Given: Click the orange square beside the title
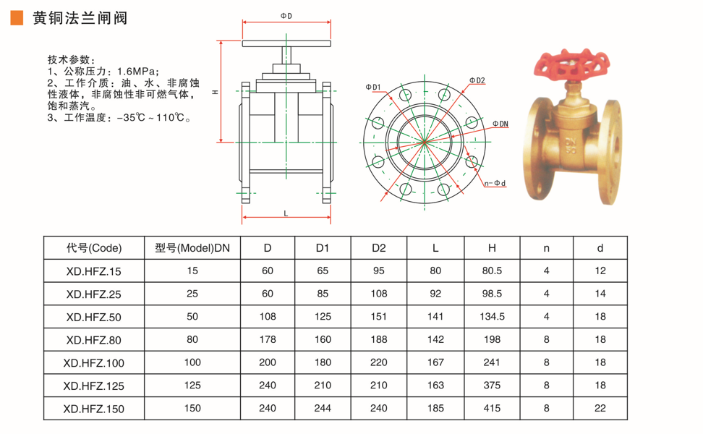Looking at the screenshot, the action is tap(17, 18).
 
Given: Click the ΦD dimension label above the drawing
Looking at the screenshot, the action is tap(286, 16).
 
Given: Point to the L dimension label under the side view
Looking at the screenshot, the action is tap(286, 214).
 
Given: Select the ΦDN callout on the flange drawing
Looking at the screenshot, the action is tap(500, 124).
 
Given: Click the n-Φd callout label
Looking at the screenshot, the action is tap(495, 184).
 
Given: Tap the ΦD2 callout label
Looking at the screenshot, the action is tap(477, 81).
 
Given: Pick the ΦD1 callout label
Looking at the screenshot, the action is tap(373, 87).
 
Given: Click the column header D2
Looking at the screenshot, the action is tap(379, 248).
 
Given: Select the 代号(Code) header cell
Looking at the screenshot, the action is tap(94, 248).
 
